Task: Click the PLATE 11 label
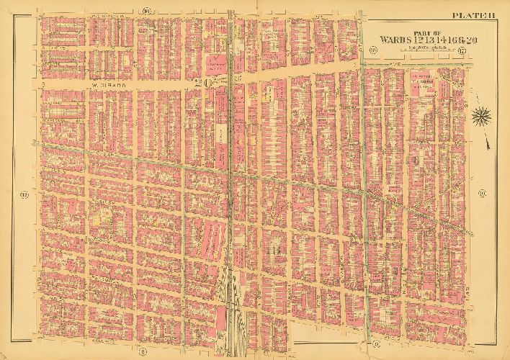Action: (x=472, y=14)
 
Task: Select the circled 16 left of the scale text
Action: (x=373, y=50)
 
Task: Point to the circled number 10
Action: (x=481, y=192)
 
